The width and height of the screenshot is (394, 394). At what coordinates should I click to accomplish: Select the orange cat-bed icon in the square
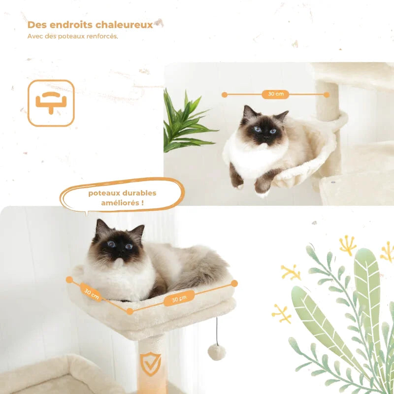point(51,103)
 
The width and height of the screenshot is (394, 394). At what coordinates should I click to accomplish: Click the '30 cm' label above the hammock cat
point(276,94)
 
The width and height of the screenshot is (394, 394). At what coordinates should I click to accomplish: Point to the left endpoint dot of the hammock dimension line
point(225,95)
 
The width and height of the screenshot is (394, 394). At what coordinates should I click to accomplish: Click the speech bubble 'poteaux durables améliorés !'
point(122,197)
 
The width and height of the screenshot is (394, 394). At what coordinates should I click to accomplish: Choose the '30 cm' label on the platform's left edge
point(92,293)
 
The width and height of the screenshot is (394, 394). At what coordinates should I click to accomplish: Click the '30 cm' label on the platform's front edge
point(179,298)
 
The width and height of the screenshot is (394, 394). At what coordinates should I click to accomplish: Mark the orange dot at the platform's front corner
point(130,311)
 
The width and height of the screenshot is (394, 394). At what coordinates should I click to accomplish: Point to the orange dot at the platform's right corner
point(234,283)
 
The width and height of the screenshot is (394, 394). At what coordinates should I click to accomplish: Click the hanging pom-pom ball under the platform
point(217,352)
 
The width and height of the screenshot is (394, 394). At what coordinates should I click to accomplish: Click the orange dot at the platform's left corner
point(69,280)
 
